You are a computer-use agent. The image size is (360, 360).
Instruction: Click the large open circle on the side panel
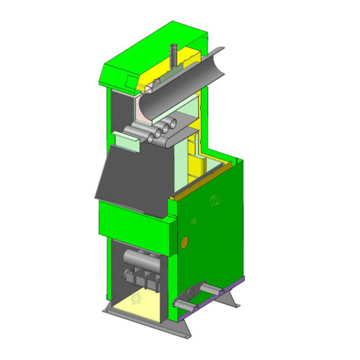(213, 200)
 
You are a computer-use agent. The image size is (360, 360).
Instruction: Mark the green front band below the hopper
(133, 220)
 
